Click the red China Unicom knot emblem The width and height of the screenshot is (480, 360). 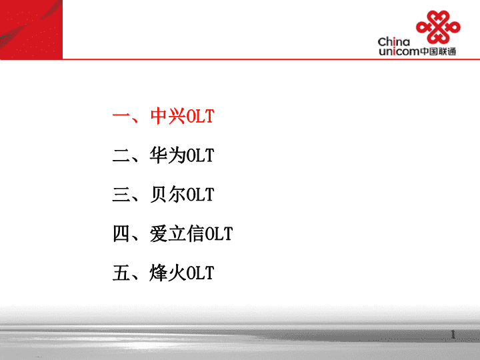pos(438,27)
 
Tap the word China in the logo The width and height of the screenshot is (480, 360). pos(394,41)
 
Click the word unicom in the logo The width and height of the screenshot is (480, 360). pos(399,51)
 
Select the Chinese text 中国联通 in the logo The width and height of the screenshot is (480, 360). pos(438,51)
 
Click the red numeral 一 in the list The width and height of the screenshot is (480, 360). pos(122,116)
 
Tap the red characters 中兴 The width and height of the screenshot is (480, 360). pos(168,116)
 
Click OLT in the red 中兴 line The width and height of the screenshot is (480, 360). pos(200,116)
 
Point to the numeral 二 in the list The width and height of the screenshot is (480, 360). pos(122,155)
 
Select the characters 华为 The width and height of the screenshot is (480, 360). pos(168,155)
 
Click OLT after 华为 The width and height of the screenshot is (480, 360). pos(200,155)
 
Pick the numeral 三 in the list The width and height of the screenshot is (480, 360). pos(122,195)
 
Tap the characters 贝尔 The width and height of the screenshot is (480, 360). pos(168,195)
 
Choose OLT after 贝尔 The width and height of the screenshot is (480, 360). pos(200,195)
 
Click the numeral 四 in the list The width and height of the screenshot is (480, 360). pos(121,234)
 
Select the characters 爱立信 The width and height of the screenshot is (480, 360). pos(177,233)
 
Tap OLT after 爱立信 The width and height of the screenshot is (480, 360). pos(219,234)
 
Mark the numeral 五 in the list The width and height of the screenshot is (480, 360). pos(122,273)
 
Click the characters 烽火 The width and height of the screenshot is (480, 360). pos(168,273)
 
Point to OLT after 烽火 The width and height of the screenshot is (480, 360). pos(200,273)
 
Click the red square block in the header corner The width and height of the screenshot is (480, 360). pos(31,29)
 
